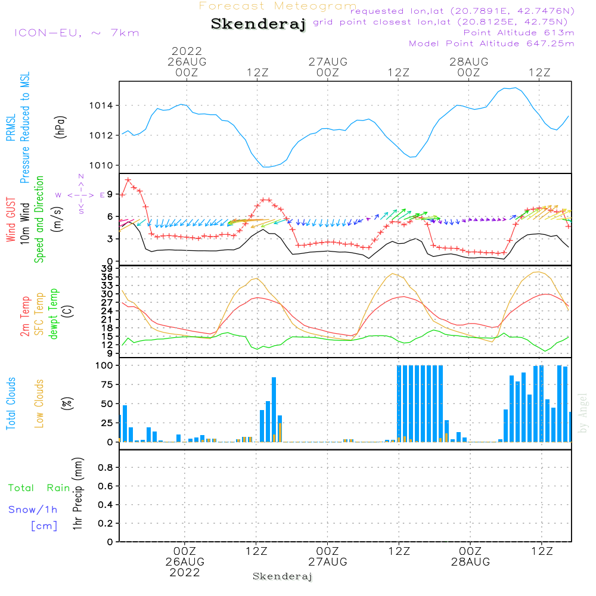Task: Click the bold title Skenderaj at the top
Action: coord(259,24)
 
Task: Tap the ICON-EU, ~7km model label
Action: coord(77,33)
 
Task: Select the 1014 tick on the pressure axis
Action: coord(101,105)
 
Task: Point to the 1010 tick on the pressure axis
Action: coord(101,165)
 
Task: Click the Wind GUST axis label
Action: coord(11,219)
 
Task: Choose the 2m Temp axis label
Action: coord(25,316)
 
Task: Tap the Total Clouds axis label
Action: coord(11,403)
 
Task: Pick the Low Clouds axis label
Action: coord(39,403)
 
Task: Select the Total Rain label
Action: coord(39,488)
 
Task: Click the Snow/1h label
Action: coord(33,510)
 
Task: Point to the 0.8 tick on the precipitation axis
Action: coord(105,467)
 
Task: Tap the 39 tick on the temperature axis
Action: coord(107,268)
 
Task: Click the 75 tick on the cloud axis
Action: coord(107,384)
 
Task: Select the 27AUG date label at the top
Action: coord(328,61)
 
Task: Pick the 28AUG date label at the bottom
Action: coord(471,562)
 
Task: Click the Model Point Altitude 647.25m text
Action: coord(492,44)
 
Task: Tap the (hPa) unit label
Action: coord(60,127)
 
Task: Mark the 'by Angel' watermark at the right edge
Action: coord(583,413)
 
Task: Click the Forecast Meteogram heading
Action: coord(278,6)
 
